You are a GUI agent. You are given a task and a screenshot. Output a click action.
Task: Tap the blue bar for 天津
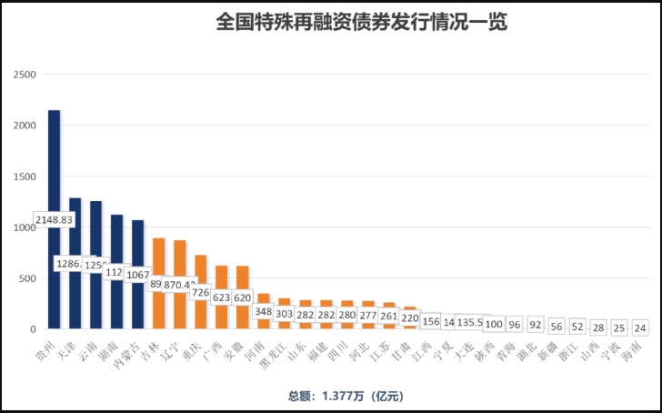75,227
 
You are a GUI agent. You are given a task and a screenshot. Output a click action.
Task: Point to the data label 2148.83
54,220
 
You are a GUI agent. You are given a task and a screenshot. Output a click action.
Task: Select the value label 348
263,312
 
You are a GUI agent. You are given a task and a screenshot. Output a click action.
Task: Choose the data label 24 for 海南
640,327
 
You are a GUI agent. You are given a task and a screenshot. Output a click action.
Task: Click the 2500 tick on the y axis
25,74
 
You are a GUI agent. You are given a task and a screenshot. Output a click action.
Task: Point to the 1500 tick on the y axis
25,176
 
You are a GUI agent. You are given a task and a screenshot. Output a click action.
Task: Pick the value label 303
284,314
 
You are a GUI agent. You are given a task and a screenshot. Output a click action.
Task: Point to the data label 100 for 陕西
494,324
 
